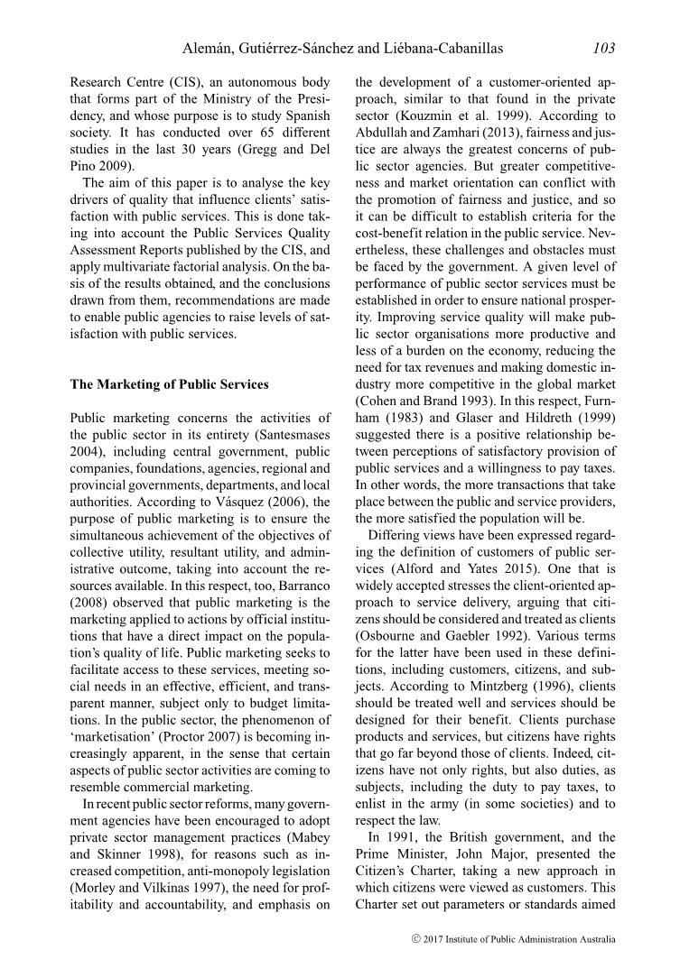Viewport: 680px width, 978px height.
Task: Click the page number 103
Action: coord(604,48)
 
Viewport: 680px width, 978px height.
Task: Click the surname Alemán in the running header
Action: coord(210,48)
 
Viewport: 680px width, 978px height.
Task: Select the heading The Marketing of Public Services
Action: coord(169,384)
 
